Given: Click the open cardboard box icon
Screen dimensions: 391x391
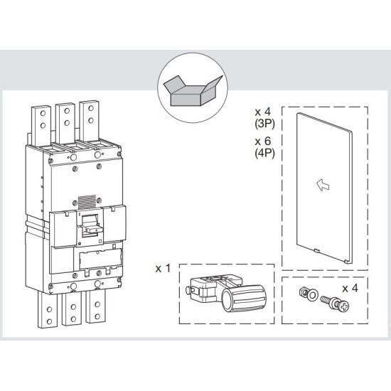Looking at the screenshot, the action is click(x=193, y=90).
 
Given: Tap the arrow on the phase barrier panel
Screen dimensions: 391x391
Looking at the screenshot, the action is click(x=323, y=185).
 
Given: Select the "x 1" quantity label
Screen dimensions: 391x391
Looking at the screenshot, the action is click(x=163, y=269).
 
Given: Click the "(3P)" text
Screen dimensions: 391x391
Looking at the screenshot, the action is click(x=264, y=124).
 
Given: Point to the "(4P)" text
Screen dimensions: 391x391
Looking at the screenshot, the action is click(x=264, y=153).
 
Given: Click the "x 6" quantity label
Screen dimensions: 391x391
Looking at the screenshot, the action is click(x=263, y=141).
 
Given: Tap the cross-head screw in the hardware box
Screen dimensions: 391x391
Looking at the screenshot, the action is click(x=335, y=303).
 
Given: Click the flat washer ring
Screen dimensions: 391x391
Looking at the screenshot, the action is click(x=311, y=295).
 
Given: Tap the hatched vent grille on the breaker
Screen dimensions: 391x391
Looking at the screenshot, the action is click(x=87, y=202).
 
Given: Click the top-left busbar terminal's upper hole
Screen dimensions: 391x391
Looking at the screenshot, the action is click(x=43, y=114).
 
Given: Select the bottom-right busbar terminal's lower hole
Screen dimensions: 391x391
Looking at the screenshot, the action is click(x=97, y=316).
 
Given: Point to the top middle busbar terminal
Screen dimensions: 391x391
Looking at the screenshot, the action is click(x=65, y=123).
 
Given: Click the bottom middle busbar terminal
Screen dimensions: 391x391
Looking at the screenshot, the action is click(x=72, y=309).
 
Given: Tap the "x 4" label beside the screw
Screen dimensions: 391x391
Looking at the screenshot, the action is click(x=350, y=289).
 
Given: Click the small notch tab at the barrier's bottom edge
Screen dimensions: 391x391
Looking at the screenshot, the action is click(x=316, y=250).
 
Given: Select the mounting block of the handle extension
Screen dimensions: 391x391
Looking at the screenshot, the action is click(x=202, y=289).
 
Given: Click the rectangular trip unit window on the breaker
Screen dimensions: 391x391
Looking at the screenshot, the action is click(x=100, y=259).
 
